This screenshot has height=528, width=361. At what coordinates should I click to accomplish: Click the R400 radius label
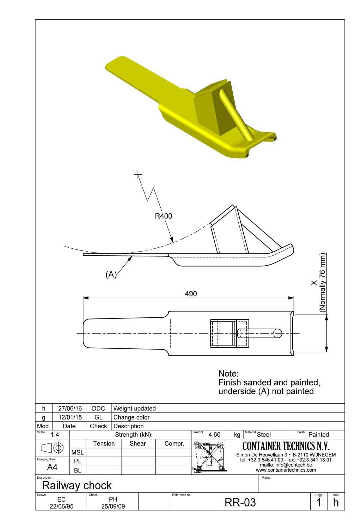tap(164, 216)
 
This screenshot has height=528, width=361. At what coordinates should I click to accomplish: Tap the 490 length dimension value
tap(191, 294)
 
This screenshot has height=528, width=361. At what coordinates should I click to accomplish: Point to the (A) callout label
tap(111, 275)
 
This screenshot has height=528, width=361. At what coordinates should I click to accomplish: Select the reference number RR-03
tap(240, 502)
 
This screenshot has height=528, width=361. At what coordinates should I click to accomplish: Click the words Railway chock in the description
tap(77, 485)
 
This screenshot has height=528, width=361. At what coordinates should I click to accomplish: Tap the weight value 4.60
tap(214, 435)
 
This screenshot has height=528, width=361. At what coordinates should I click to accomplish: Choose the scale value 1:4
tap(55, 435)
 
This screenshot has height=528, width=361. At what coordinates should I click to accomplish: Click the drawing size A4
tap(52, 467)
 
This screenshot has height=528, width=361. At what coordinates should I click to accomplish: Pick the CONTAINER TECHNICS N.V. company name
tap(286, 446)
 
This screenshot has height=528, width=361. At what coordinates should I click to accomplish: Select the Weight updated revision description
tap(134, 409)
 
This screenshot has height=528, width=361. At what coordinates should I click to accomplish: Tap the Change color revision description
tap(131, 417)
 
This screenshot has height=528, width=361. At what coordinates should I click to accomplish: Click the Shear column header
tap(137, 443)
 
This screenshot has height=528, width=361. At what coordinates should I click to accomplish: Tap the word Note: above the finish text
tap(228, 373)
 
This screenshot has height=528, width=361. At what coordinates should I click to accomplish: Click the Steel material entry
tap(264, 435)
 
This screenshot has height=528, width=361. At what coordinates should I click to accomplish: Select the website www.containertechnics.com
tap(286, 470)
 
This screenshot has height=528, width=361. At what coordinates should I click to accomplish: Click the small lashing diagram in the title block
tap(210, 456)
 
